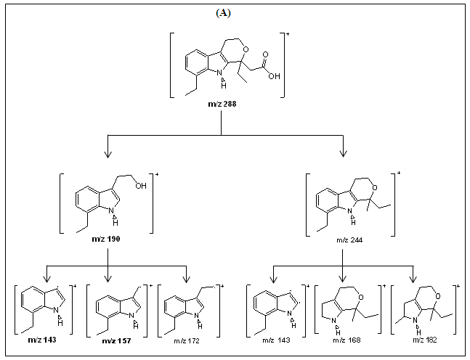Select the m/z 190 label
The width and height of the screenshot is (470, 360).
[108, 240]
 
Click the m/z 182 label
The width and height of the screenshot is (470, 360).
[418, 340]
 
